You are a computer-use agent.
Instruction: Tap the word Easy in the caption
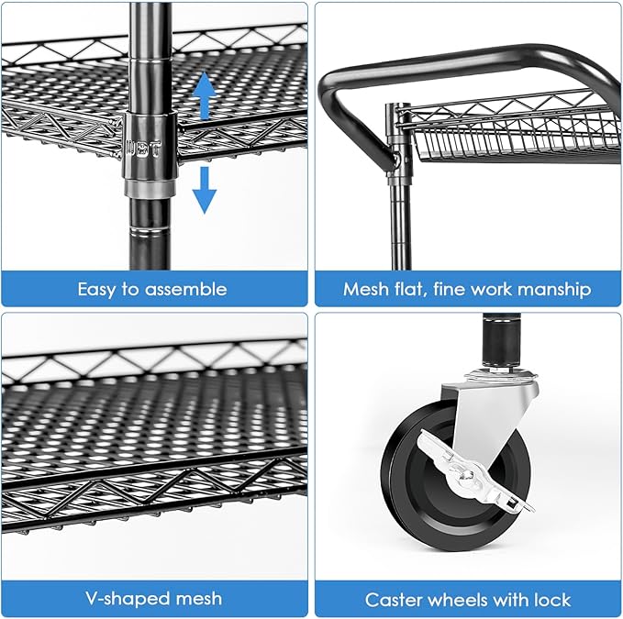click(97, 289)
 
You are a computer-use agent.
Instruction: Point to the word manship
click(555, 289)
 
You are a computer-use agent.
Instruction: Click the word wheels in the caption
click(463, 600)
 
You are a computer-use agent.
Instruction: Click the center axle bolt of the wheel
click(469, 473)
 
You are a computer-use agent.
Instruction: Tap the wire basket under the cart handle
click(514, 138)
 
